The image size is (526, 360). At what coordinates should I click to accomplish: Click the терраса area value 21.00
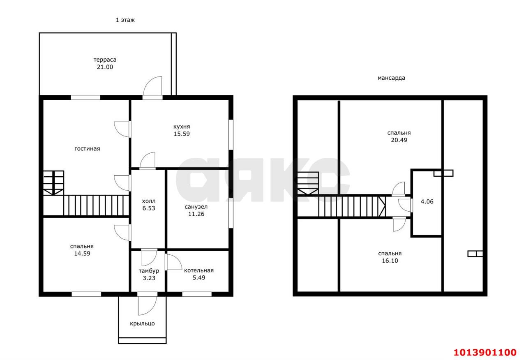[x=105, y=67]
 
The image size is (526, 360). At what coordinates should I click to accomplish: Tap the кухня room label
[x=182, y=127]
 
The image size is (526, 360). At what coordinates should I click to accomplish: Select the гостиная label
[x=87, y=149]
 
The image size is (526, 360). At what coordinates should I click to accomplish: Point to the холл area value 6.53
[x=149, y=208]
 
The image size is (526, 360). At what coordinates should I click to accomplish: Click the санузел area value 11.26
[x=196, y=214]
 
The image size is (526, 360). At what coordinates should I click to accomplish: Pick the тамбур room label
[x=149, y=271]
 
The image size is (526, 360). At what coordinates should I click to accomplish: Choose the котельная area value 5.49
[x=199, y=277]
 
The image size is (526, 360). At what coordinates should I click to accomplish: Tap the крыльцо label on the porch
[x=142, y=323]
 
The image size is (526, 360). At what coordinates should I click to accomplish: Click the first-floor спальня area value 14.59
[x=82, y=254]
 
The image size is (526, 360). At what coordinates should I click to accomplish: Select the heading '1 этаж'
[x=125, y=20]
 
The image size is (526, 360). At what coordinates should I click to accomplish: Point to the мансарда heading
[x=391, y=78]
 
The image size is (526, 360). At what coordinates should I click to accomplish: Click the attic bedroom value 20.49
[x=399, y=140]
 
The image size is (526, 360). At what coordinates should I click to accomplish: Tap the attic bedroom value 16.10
[x=390, y=261]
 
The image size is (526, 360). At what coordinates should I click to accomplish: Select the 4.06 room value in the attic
[x=427, y=201]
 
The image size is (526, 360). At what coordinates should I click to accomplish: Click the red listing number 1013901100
[x=485, y=352]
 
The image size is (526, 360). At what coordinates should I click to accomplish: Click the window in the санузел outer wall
[x=231, y=213]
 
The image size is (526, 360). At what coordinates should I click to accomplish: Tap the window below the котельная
[x=197, y=294]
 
